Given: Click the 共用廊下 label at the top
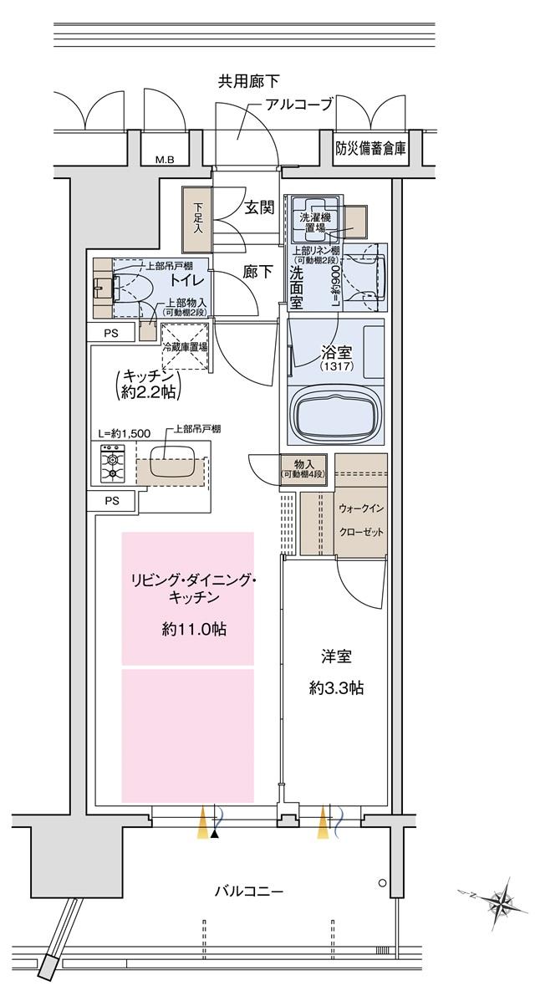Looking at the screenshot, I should coord(248,81).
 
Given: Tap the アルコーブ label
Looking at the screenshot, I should coord(298,105).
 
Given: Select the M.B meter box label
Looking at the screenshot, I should coord(164,160).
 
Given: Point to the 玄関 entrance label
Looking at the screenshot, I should coord(259,208).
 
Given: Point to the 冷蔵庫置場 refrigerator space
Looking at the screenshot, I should coord(185,346).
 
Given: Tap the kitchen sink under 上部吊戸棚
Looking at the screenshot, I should coord(173,466).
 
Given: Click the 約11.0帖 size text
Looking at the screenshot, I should coord(194,629).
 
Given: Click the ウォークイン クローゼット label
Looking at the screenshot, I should coord(360,518).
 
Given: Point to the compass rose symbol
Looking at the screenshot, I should coord(501,902).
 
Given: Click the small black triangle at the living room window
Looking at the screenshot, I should coord(216,833).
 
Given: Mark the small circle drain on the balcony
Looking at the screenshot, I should coord(382,882).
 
